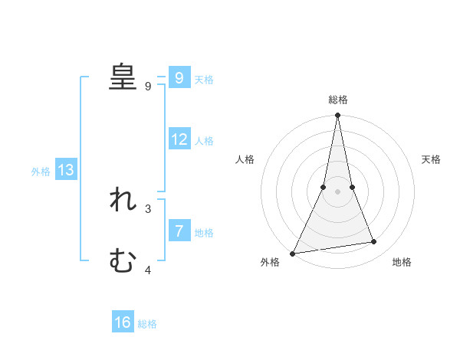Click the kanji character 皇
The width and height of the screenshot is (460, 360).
tap(123, 77)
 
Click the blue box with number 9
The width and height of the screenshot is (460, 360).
tap(179, 77)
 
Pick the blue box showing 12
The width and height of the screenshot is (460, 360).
tap(179, 139)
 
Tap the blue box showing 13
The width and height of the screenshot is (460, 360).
tap(66, 170)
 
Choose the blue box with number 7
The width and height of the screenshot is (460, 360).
tap(179, 231)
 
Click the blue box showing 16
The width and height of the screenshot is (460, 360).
tap(123, 322)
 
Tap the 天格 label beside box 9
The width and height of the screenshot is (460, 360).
tap(204, 79)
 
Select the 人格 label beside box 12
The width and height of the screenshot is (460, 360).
tap(204, 141)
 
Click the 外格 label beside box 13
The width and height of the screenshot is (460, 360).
tap(41, 172)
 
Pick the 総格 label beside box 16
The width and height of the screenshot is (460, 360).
tap(147, 324)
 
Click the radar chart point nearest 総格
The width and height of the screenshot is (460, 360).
tap(337, 115)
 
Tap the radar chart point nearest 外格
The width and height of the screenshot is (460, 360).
tap(293, 254)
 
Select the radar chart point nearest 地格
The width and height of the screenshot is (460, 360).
tap(374, 242)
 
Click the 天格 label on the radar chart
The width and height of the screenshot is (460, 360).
tap(432, 159)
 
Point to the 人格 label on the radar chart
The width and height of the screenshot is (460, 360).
tap(245, 159)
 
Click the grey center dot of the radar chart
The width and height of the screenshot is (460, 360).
tap(337, 191)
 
